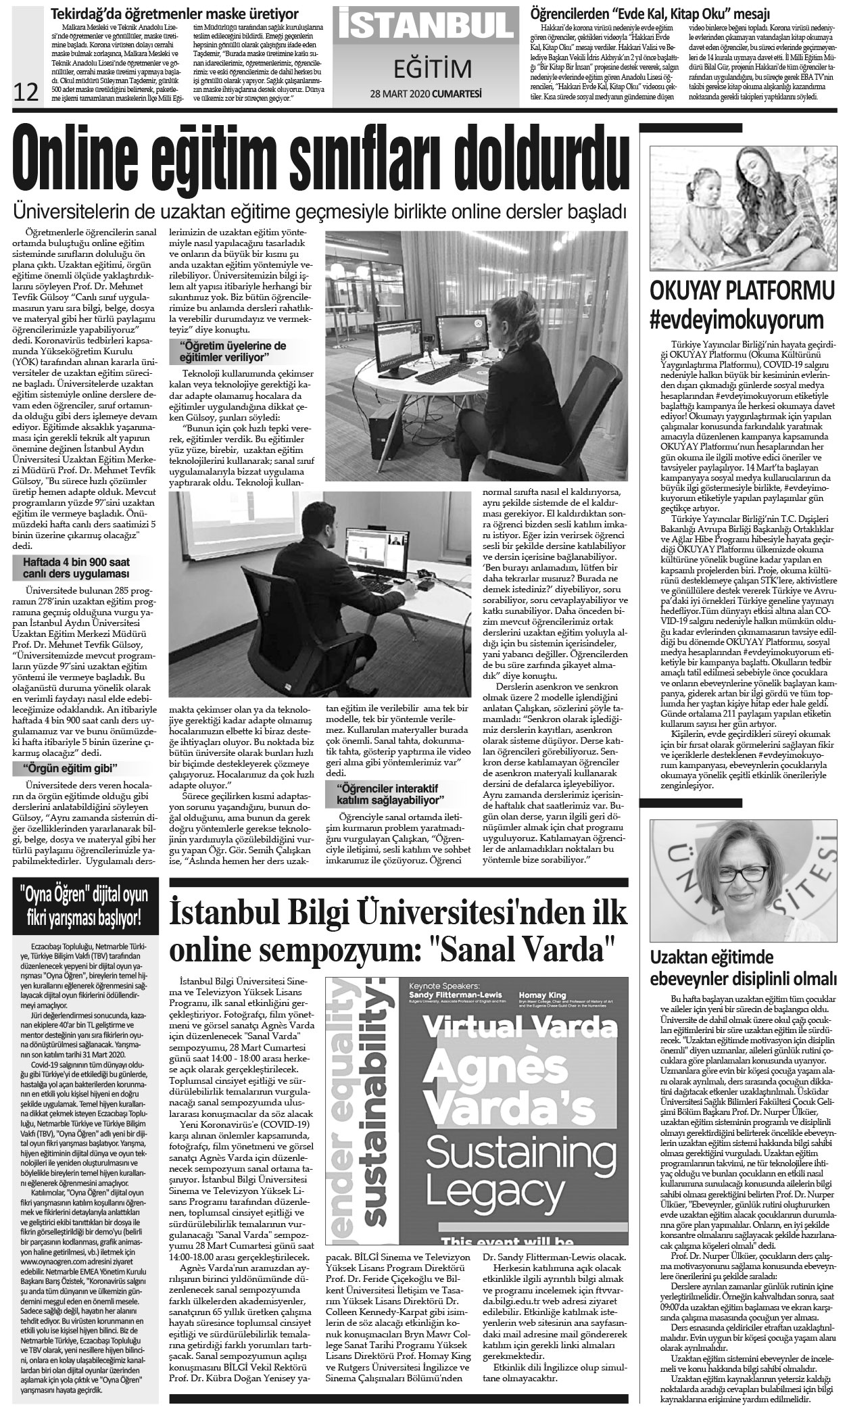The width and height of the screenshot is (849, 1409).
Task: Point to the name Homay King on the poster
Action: (x=541, y=995)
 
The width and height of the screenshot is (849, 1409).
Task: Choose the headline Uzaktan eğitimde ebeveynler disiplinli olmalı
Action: (x=743, y=968)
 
